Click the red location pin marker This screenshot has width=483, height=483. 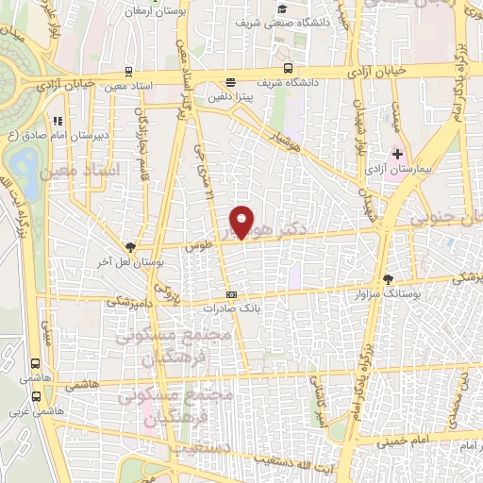[x=242, y=221]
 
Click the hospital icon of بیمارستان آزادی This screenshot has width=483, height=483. [x=397, y=154]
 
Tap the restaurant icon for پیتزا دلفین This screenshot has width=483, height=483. [x=232, y=82]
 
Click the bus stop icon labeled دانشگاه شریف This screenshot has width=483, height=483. [x=287, y=69]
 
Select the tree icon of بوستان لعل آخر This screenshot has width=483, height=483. [x=142, y=244]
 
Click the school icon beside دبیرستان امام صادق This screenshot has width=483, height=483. [x=57, y=121]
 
